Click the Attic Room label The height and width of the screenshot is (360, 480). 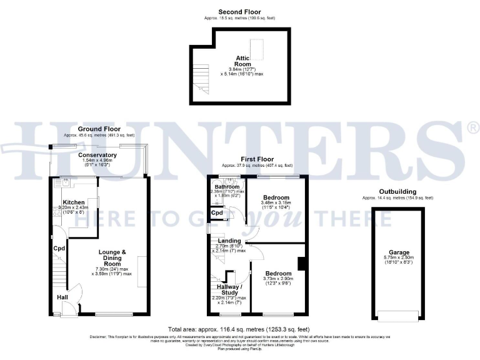[x=242, y=61]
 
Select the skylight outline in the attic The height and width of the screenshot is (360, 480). [x=257, y=49]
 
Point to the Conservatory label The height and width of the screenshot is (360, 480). [x=97, y=155]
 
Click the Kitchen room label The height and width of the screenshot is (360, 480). [x=73, y=202]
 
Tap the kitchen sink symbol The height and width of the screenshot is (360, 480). [x=66, y=183]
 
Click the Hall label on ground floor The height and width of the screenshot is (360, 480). [x=62, y=297]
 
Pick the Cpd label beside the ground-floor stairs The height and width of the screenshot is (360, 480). [x=59, y=248]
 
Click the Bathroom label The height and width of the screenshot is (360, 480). [x=227, y=187]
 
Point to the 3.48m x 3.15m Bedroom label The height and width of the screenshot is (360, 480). [x=275, y=197]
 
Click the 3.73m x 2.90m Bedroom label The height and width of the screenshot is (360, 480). [x=277, y=274]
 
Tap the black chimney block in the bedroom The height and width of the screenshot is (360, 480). [x=302, y=263]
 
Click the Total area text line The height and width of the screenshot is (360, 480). [x=239, y=329]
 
